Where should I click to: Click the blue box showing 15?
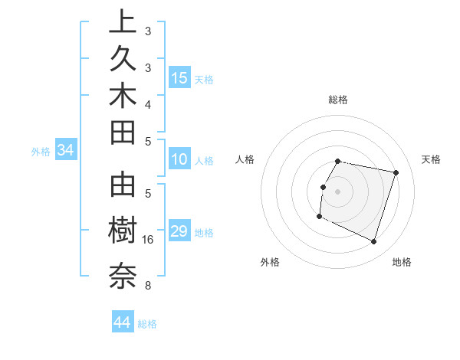tap(179, 78)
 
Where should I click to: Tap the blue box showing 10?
tap(179, 160)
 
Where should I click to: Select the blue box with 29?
tap(179, 231)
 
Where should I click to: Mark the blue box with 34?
tap(66, 151)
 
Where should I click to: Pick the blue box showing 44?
tap(123, 322)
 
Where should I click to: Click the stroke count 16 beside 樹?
tap(149, 241)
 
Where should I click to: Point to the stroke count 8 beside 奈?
tap(147, 286)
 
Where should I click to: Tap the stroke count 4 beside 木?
tap(147, 104)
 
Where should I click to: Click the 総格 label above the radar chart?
tap(338, 100)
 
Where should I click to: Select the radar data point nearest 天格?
tap(396, 173)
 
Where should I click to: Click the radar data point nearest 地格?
tap(374, 242)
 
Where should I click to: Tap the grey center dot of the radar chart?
tap(338, 191)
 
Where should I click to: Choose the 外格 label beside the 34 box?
tap(41, 152)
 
